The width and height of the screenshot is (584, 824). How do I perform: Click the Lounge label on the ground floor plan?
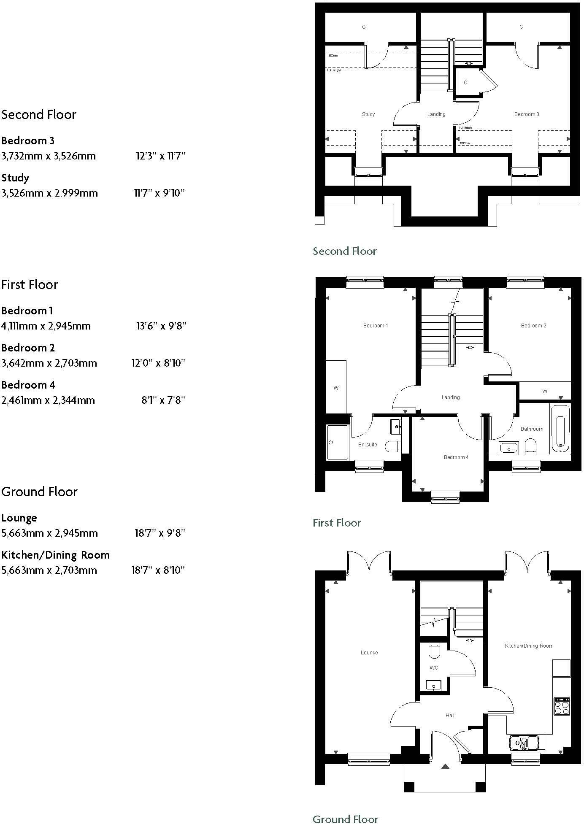(369, 652)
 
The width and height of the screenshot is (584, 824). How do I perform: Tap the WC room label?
(433, 667)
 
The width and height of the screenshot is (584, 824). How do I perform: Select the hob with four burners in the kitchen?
(561, 706)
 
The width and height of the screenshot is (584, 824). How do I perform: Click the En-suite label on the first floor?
(367, 444)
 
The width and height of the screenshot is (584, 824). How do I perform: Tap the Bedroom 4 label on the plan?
(456, 457)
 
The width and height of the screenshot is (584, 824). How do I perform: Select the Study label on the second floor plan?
(368, 114)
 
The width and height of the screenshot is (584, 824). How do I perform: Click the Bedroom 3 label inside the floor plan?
(526, 114)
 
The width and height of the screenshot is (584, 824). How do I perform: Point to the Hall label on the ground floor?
(450, 715)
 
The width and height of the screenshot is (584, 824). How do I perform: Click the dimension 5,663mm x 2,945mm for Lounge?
(49, 533)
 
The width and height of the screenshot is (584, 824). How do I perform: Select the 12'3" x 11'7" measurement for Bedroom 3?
(160, 156)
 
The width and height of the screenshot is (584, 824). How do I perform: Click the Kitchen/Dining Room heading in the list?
(55, 555)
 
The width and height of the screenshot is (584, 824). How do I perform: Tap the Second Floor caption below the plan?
(344, 251)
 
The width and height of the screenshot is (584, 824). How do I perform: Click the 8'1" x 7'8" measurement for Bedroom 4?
(163, 400)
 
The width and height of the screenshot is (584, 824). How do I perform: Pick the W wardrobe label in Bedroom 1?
(336, 388)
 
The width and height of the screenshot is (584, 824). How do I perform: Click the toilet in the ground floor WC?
(434, 650)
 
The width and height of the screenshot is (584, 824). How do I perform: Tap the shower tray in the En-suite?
(338, 442)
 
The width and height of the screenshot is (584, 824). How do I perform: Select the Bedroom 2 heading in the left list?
(28, 348)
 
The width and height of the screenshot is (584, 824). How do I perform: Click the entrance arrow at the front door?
(445, 766)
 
